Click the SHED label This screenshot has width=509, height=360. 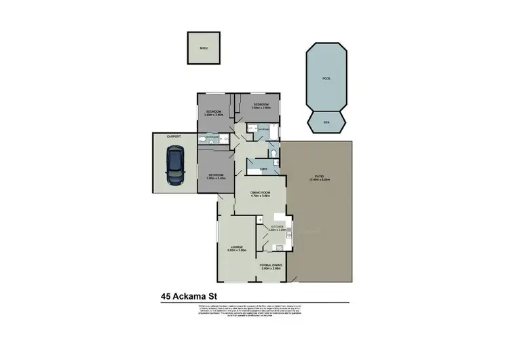coord(203,49)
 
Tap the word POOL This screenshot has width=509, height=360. coord(326,79)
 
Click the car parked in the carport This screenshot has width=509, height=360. coord(175,166)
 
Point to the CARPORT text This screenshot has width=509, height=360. coord(174,137)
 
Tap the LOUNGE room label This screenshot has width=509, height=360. coord(237,248)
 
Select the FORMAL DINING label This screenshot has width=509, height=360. coord(271,266)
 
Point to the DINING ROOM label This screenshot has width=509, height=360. coord(261,194)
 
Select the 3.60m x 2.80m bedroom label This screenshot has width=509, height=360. coord(261,105)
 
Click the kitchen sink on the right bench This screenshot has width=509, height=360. coord(288,234)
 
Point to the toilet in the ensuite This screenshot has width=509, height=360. coord(204,139)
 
